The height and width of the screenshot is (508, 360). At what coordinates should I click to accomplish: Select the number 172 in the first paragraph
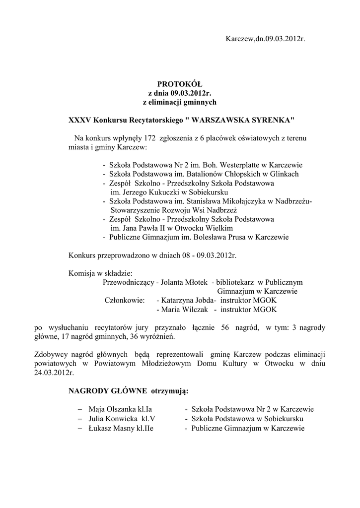coord(150,138)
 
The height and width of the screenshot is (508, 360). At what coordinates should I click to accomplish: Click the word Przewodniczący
coord(128,282)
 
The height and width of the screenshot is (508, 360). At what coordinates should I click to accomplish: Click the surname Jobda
coord(202,300)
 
